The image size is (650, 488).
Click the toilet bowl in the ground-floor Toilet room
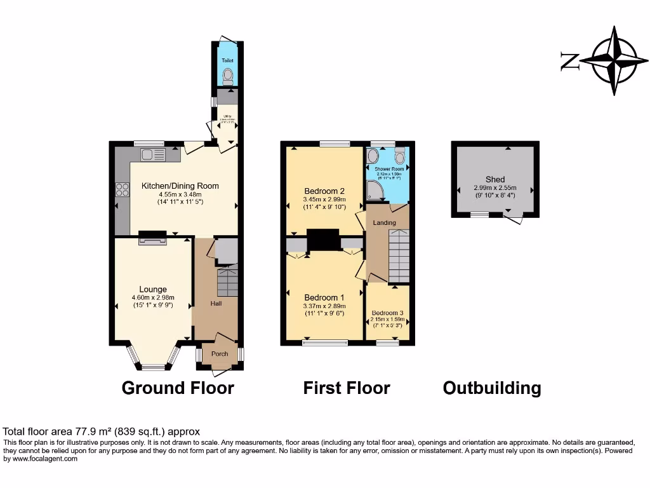tap(228, 76)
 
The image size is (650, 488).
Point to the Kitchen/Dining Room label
tap(180, 186)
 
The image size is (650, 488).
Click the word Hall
tap(216, 304)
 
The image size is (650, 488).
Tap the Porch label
tap(220, 354)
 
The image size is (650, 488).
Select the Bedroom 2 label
tap(324, 191)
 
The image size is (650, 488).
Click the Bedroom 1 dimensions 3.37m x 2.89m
tap(324, 306)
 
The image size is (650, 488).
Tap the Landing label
tap(385, 222)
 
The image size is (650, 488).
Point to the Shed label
tap(495, 179)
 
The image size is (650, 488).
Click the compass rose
tap(613, 61)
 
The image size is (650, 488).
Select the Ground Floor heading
tap(178, 388)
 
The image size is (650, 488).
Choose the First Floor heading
tap(347, 388)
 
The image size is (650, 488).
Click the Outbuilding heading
tap(492, 388)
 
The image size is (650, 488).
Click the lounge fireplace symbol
tap(152, 240)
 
